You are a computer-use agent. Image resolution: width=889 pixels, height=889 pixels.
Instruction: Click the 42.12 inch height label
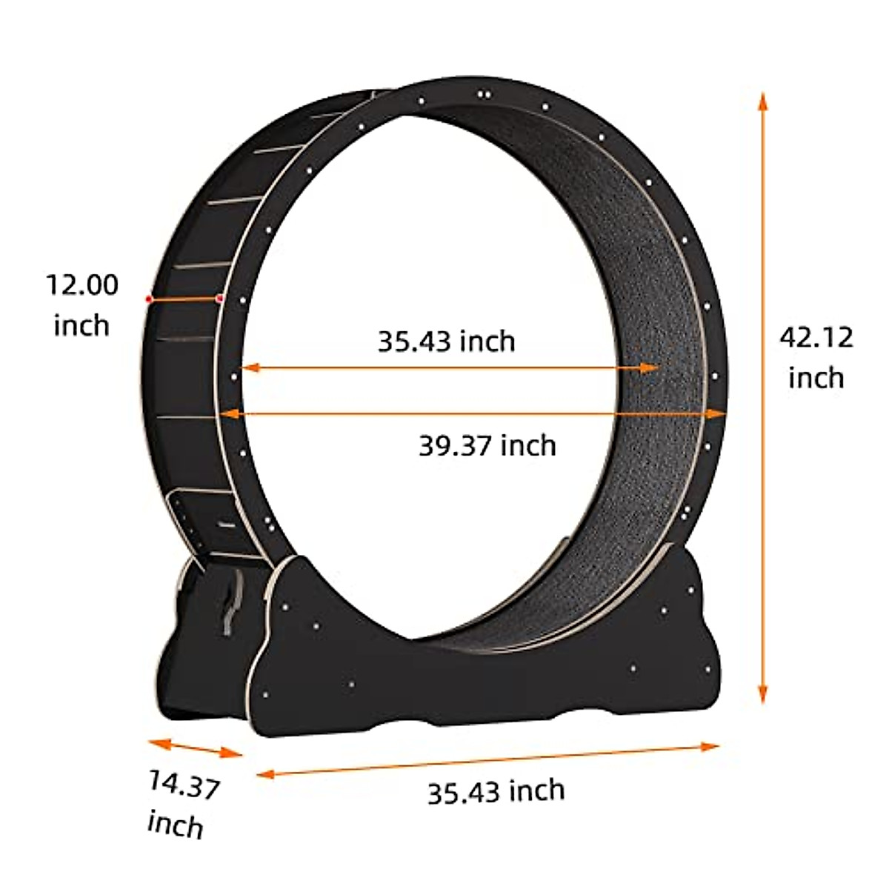point(816,358)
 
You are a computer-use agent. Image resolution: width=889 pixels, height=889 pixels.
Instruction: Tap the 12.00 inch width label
point(81,304)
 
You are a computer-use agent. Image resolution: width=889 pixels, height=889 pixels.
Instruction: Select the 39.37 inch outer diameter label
point(487,446)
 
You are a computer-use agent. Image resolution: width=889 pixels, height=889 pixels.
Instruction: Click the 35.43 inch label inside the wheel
point(446,342)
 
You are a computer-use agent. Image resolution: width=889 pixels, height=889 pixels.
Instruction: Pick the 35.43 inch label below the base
point(496,791)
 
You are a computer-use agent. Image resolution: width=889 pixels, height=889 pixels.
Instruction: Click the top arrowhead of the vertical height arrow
point(762,100)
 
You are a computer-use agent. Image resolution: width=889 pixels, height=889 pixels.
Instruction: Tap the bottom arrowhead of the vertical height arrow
point(762,695)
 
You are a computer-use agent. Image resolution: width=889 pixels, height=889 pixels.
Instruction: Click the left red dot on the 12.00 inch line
point(149,299)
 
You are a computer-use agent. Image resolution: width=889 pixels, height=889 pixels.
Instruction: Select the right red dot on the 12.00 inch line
point(219,298)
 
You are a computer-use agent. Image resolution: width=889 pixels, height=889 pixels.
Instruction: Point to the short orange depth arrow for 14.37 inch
point(196,748)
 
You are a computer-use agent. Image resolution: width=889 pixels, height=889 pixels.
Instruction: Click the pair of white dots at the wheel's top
point(485,95)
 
